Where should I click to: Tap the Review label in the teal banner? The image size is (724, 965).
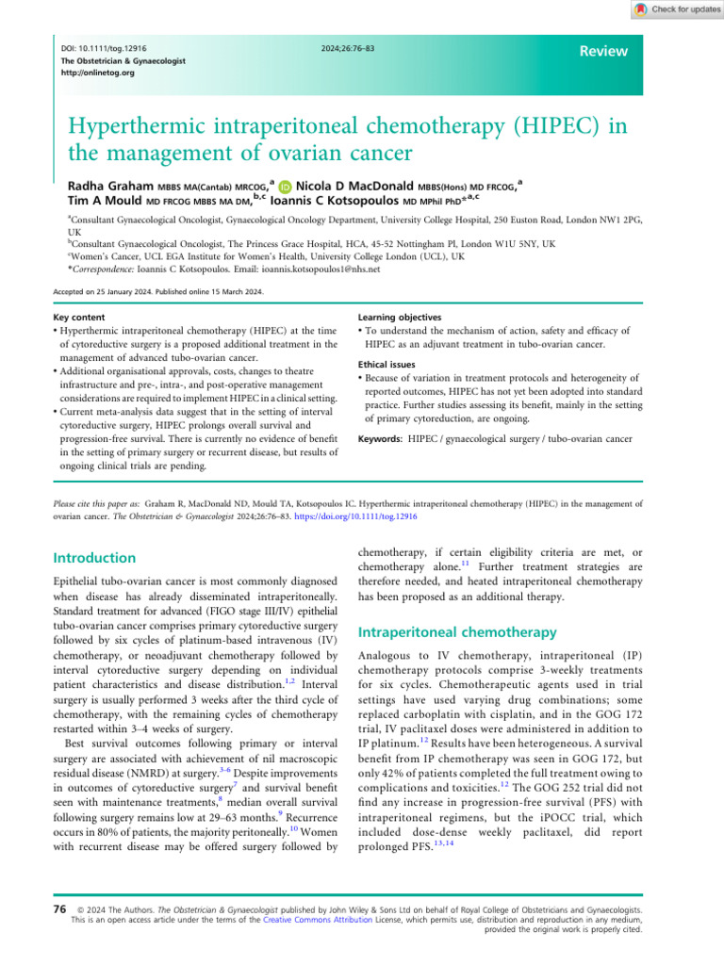point(604,52)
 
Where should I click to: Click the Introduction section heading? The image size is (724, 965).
point(95,559)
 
